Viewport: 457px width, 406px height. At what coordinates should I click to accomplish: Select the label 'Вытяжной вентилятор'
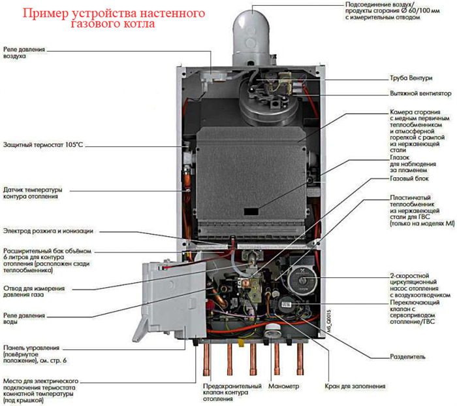[x=421, y=93]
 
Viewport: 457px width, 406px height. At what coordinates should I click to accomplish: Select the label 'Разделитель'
[x=408, y=358]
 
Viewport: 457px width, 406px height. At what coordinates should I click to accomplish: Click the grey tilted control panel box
[x=172, y=299]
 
